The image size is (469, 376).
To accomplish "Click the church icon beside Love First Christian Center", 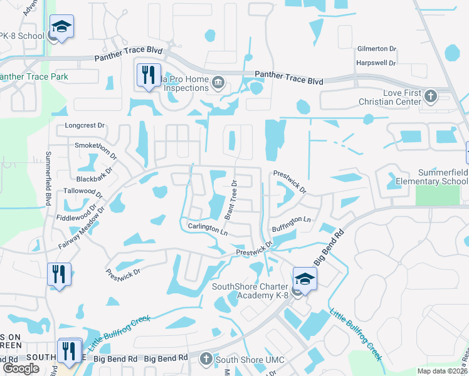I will click(430, 97).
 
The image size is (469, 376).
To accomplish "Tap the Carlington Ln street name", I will click(208, 228).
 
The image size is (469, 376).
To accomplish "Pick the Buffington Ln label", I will click(291, 221).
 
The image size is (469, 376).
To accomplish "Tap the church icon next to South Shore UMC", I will click(206, 359).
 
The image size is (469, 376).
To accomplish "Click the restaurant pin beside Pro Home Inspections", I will click(149, 75).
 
